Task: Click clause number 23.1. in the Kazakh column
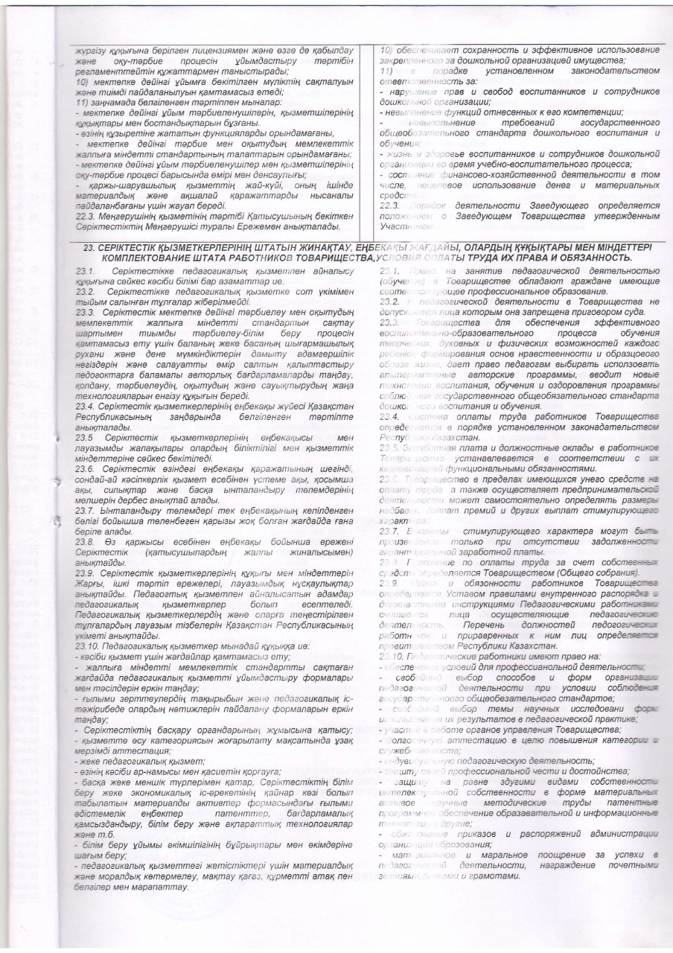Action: pyautogui.click(x=87, y=269)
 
